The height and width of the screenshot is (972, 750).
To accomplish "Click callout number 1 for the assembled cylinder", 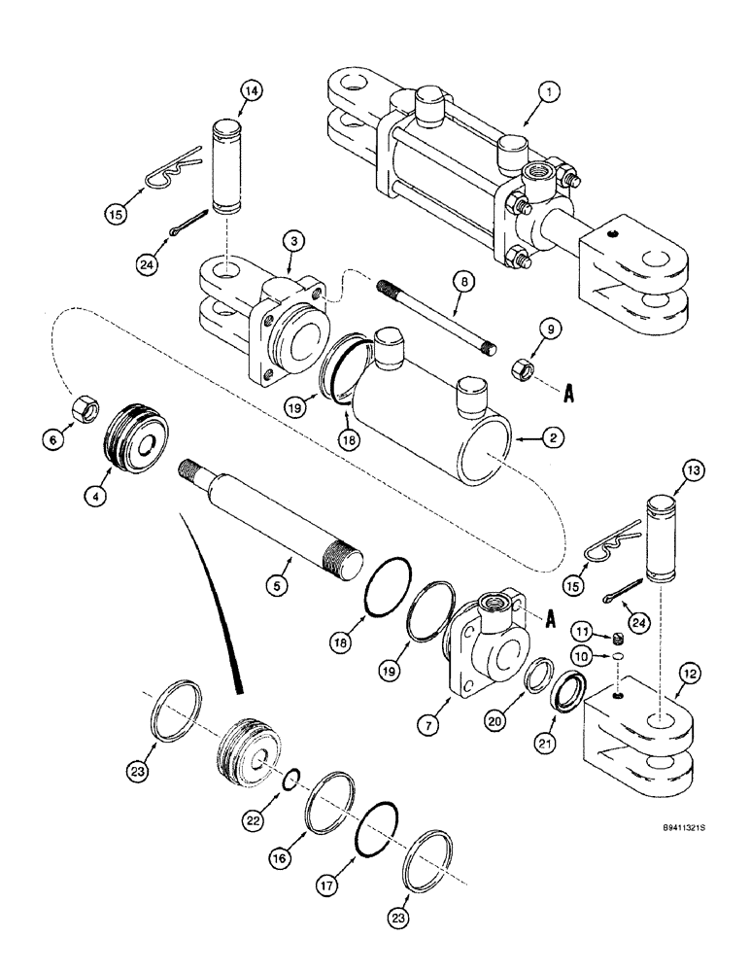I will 549,93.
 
